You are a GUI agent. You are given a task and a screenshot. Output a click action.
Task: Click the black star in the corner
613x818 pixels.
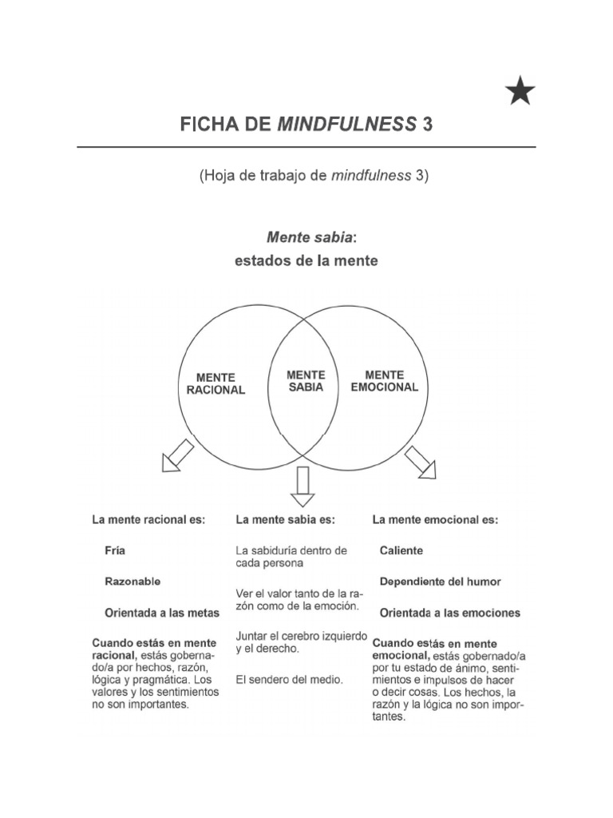[x=520, y=92]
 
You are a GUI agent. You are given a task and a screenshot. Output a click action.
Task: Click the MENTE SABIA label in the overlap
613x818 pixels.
[x=305, y=380]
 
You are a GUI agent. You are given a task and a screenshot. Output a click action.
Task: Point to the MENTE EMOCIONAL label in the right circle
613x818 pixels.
[x=384, y=380]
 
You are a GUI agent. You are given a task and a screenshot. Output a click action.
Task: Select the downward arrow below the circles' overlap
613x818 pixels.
[x=303, y=486]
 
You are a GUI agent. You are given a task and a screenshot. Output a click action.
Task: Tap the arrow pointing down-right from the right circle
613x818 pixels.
[x=421, y=462]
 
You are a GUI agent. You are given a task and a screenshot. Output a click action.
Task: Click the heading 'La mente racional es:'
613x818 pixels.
[x=148, y=519]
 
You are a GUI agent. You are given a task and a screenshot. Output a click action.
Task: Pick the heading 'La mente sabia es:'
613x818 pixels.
[x=286, y=519]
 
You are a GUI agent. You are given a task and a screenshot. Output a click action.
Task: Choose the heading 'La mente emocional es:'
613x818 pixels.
[x=435, y=519]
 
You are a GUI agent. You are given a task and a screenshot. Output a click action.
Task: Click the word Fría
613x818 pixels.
[x=115, y=550]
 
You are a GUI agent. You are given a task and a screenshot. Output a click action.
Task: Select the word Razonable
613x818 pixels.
[x=132, y=582]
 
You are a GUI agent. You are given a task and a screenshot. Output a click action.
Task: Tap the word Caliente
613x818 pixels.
[x=401, y=550]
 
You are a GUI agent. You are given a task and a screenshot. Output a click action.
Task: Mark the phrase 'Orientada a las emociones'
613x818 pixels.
[x=449, y=613]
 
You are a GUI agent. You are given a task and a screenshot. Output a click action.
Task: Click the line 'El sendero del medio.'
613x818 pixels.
[x=289, y=680]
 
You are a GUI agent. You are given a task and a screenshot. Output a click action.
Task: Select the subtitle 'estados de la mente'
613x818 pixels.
[x=306, y=260]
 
